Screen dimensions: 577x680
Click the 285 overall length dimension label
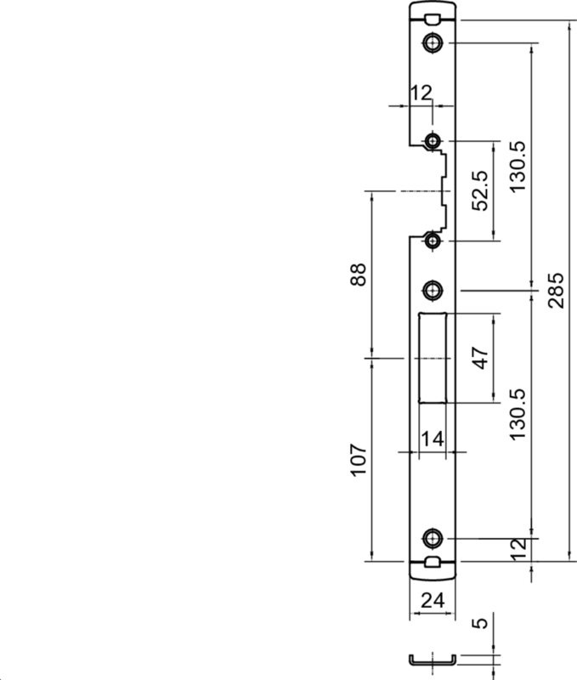(x=557, y=290)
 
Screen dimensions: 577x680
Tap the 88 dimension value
(x=359, y=274)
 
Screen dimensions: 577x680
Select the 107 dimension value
(x=359, y=460)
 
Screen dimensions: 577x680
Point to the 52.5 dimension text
(x=480, y=190)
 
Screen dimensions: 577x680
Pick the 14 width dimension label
(x=433, y=439)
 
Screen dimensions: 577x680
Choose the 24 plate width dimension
(x=433, y=601)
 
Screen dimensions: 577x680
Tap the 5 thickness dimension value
(x=480, y=623)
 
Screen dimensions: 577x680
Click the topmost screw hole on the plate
(x=433, y=43)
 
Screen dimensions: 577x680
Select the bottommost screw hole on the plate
(x=433, y=539)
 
